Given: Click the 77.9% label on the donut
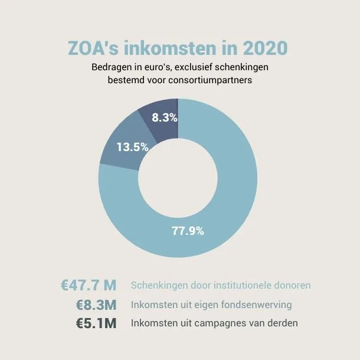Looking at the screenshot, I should coord(188,231).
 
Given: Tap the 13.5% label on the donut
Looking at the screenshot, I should coord(132,148).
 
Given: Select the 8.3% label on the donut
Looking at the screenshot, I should coord(164,117).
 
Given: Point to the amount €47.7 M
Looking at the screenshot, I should coord(89,285).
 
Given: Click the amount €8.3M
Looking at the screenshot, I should coord(96,305).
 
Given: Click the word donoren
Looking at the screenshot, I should coord(292,286).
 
